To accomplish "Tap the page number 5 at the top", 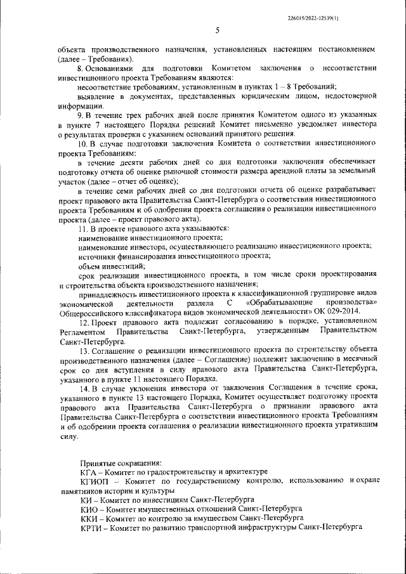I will (218, 30).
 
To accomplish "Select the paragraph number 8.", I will (79, 68).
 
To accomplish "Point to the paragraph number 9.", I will (79, 116).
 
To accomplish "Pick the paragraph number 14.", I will (81, 387).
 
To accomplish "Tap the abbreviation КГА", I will (90, 472).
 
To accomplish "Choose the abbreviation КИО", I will (90, 509).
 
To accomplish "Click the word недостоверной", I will (348, 97).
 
